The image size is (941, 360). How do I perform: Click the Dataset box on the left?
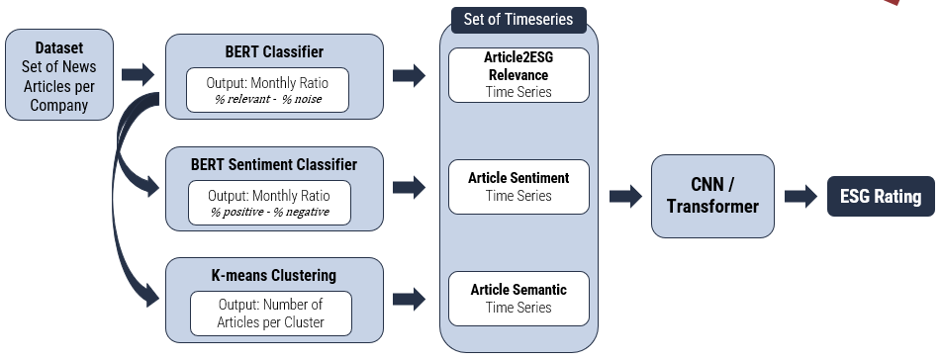(59, 74)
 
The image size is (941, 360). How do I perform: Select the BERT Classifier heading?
(274, 51)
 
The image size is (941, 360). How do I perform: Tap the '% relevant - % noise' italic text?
(268, 99)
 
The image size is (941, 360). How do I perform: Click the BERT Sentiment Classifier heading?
(274, 164)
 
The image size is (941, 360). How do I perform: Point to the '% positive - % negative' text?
(269, 212)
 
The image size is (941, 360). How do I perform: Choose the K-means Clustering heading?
(274, 275)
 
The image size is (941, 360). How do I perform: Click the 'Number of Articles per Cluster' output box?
(271, 314)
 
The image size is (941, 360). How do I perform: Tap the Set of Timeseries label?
(518, 19)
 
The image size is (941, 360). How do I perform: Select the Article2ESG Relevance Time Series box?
(518, 75)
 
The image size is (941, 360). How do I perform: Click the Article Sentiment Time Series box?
(518, 187)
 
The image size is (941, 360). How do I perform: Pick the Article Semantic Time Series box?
(518, 299)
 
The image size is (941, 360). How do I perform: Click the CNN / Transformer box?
(712, 196)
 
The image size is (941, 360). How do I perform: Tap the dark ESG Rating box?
(881, 196)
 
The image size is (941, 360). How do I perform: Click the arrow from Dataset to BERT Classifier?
(138, 74)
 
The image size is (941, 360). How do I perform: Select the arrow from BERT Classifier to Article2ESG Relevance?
(410, 75)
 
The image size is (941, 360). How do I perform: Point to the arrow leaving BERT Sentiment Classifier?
(410, 187)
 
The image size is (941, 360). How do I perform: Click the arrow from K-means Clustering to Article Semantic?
(410, 299)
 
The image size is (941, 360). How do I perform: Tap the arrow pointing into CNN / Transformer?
(626, 196)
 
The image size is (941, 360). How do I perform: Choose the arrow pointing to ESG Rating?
(800, 196)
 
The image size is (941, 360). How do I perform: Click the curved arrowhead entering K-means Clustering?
(152, 297)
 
